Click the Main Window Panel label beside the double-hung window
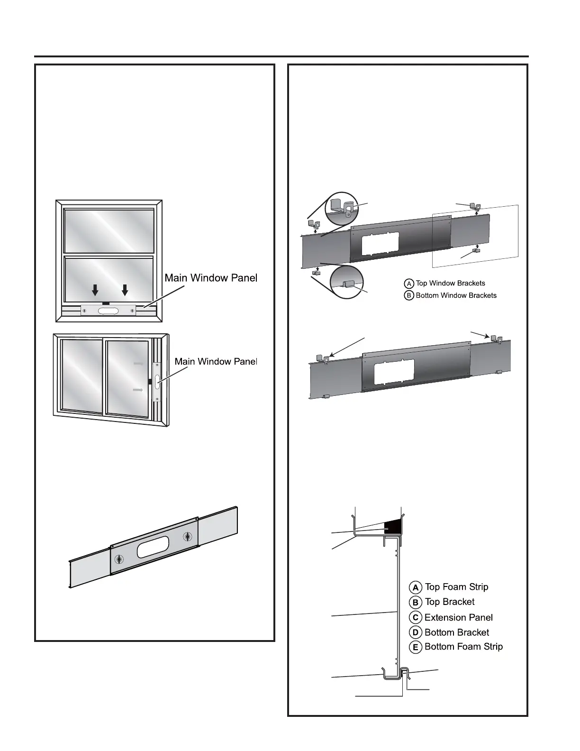coord(211,278)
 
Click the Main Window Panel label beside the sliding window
coord(216,362)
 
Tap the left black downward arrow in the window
coord(95,290)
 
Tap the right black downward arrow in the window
coord(125,290)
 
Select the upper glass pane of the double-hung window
coord(109,230)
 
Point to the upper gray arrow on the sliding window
coord(138,364)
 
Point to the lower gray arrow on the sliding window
coord(138,390)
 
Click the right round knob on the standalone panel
coord(188,537)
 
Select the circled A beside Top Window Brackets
coord(409,284)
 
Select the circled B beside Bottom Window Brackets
coord(409,295)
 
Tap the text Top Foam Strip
coord(456,587)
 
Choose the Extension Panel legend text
coord(459,618)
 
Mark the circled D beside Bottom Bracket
coord(416,632)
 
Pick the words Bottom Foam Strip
coord(463,647)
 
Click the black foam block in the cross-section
coord(393,525)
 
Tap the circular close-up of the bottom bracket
coord(346,282)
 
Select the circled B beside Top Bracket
coord(416,602)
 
